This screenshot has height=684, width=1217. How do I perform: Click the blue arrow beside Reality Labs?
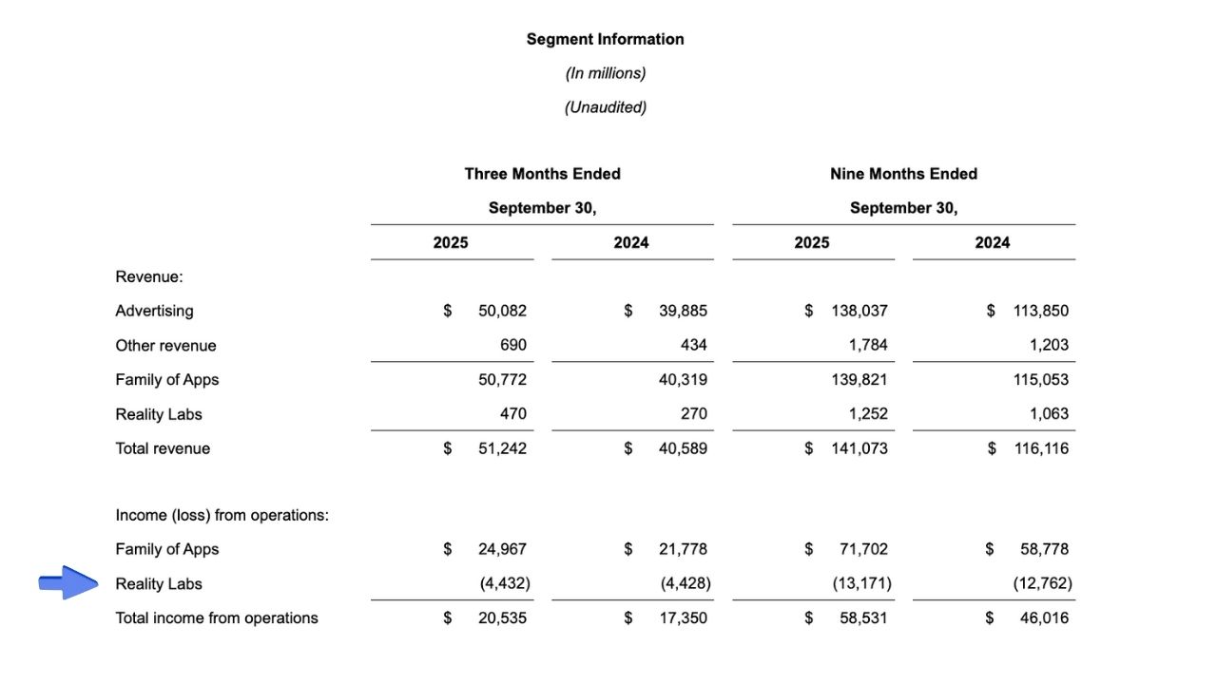(x=68, y=582)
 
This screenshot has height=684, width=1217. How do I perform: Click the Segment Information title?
(x=605, y=39)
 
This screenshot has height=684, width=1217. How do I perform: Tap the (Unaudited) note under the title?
(x=605, y=107)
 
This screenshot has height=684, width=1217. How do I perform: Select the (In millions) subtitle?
(x=605, y=73)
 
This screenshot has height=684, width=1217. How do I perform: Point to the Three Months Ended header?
(x=542, y=174)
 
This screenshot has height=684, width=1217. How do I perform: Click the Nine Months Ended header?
(x=903, y=174)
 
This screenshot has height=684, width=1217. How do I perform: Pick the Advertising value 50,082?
(x=502, y=311)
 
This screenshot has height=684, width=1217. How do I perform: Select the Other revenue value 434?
(x=693, y=345)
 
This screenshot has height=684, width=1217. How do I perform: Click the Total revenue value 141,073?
(x=860, y=448)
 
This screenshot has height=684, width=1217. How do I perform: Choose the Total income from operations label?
(x=217, y=617)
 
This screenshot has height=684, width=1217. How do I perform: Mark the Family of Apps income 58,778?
(x=1044, y=549)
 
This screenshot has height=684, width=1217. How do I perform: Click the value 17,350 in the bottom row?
(x=683, y=617)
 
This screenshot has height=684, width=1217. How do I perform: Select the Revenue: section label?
(x=149, y=276)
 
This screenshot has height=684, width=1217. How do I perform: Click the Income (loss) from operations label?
(x=222, y=515)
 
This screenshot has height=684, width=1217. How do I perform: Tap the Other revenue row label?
(x=165, y=345)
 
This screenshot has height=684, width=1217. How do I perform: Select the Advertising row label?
(x=154, y=311)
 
